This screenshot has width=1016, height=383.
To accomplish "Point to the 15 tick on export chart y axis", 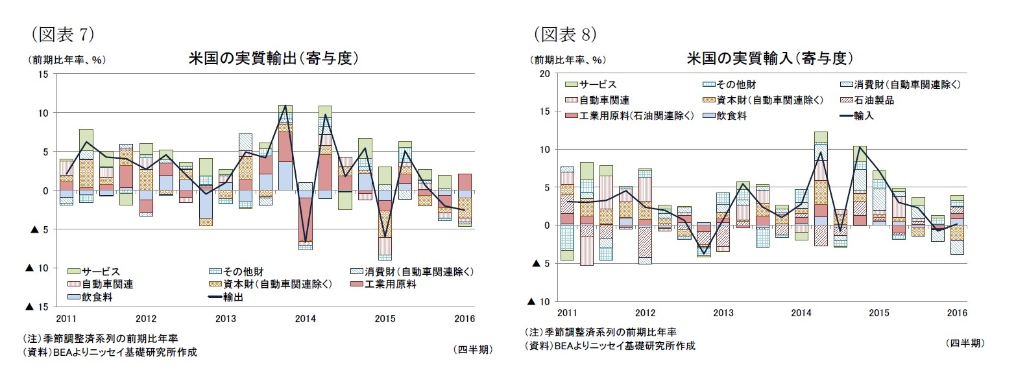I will pyautogui.click(x=43, y=74).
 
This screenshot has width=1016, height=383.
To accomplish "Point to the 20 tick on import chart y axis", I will pyautogui.click(x=544, y=74).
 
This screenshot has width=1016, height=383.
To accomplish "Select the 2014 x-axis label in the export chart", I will pyautogui.click(x=305, y=319).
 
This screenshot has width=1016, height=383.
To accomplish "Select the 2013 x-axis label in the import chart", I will pyautogui.click(x=723, y=313).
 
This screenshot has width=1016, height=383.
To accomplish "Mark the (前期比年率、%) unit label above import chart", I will pyautogui.click(x=567, y=60).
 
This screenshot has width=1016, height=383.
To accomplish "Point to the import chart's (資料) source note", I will pyautogui.click(x=609, y=346).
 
